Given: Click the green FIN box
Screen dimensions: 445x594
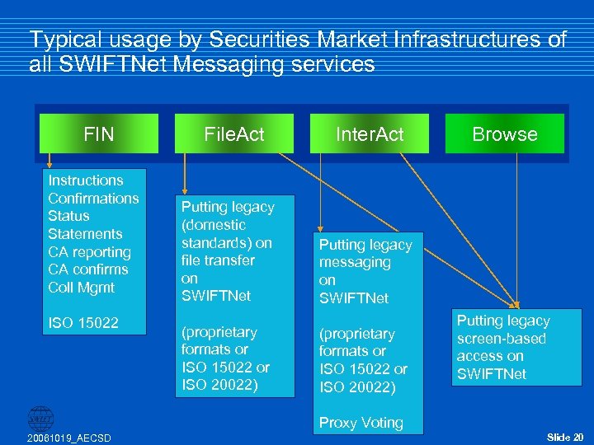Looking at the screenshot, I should coord(99,133).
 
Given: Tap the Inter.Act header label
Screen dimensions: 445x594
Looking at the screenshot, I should coord(369,134).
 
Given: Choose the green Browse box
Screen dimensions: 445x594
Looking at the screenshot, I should coord(505,134).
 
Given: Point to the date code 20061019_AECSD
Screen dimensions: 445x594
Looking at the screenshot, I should coord(69,437).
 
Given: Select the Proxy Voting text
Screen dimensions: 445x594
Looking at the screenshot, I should coord(361,423).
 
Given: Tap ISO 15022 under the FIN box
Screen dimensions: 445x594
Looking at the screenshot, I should coord(83,322).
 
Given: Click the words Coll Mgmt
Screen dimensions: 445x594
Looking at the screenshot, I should coord(82,288).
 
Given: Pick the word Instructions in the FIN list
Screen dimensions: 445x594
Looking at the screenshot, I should coord(86,180).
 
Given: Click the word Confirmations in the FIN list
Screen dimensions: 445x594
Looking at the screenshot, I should coord(93,198).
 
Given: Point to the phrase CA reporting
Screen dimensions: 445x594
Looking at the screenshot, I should coord(89,252).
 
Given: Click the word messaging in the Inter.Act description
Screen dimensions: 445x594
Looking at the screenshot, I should coord(355,262).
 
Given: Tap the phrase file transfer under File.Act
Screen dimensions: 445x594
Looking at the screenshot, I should coord(218,260).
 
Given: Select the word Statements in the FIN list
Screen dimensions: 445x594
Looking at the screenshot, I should coord(85,234).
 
